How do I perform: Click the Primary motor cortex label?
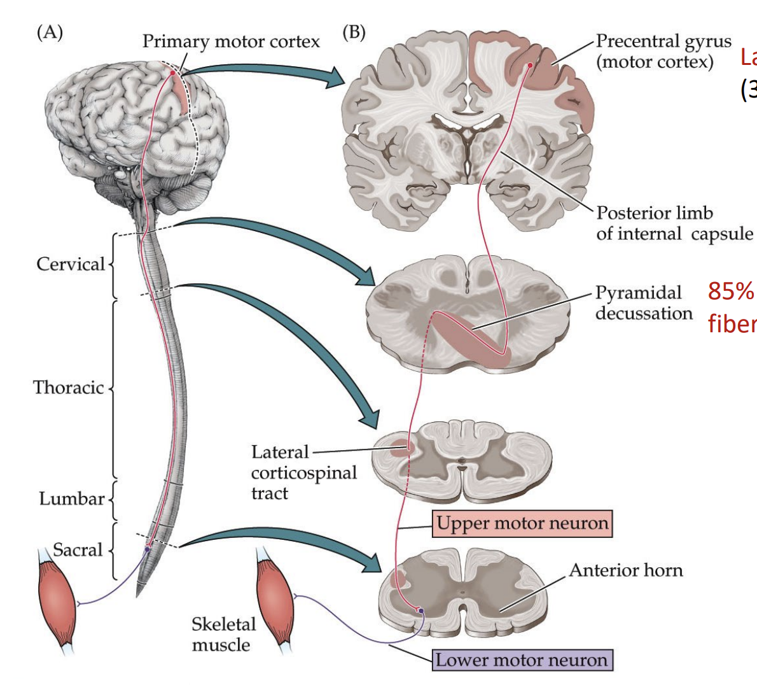[231, 41]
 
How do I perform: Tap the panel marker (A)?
[50, 32]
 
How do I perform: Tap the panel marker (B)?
[354, 32]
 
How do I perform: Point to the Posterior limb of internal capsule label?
[674, 223]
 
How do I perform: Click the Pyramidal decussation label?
[643, 303]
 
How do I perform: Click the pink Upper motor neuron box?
[522, 523]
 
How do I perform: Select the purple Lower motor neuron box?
[522, 660]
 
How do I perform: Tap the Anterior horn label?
[625, 570]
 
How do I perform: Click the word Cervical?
[70, 264]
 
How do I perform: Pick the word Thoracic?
[68, 387]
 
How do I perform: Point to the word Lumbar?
[71, 498]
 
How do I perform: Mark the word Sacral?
[77, 550]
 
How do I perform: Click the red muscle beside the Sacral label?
[58, 595]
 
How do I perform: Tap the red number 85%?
[730, 291]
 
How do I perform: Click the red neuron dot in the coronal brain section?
[529, 66]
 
